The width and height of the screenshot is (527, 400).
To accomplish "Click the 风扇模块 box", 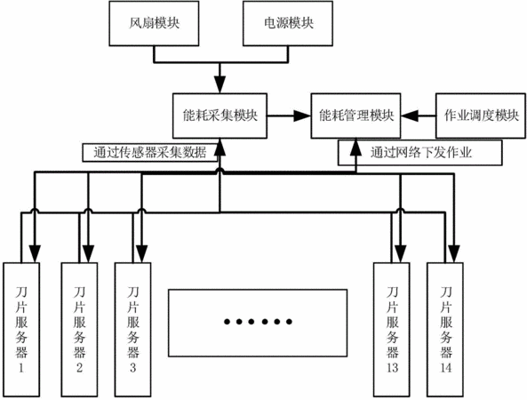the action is click(154, 23).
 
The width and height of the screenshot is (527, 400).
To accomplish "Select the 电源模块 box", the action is click(288, 23).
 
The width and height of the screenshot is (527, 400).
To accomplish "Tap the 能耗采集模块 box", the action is click(220, 116).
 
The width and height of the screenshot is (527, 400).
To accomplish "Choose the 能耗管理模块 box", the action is click(356, 116).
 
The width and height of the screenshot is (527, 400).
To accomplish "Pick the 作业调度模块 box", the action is click(481, 116).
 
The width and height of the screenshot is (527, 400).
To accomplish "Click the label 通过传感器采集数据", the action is click(150, 153).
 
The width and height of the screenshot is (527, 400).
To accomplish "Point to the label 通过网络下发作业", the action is click(421, 153).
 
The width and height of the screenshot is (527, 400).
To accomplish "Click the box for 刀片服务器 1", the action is click(21, 330).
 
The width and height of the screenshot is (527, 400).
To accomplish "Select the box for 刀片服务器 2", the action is click(79, 330).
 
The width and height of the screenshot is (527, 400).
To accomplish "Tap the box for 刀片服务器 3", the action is click(132, 330).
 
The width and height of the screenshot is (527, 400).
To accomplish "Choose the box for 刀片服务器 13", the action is click(392, 330).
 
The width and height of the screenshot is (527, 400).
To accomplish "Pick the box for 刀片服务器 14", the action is click(445, 330).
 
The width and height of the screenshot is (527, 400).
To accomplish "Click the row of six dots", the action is click(258, 322).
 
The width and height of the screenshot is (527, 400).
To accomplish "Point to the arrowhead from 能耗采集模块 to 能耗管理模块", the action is click(302, 116).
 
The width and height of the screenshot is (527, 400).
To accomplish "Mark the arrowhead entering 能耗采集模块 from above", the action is click(220, 84).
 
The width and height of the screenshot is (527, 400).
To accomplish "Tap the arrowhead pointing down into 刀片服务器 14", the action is click(454, 254).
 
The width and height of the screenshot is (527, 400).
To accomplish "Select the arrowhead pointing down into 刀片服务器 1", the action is click(35, 254).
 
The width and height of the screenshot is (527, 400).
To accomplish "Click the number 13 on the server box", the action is click(392, 367).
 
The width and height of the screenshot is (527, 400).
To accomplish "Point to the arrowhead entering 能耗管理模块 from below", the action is click(356, 147).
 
